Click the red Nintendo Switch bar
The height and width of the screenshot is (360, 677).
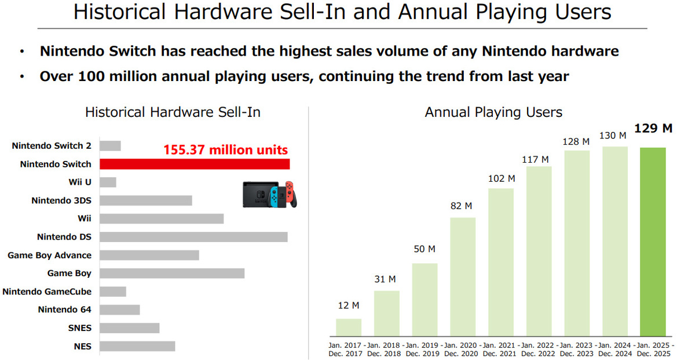(x=195, y=164)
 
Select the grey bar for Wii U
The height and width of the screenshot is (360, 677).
(x=108, y=182)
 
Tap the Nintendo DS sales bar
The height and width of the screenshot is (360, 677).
(x=193, y=237)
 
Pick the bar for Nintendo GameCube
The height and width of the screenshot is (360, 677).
(x=112, y=292)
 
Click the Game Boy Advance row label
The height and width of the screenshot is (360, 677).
(x=49, y=255)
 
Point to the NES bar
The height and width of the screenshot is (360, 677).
(x=137, y=346)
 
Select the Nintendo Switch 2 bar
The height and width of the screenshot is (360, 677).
(x=110, y=146)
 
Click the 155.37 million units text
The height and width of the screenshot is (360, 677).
(x=225, y=150)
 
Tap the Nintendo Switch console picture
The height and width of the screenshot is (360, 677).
(x=269, y=194)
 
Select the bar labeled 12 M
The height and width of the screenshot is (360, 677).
(x=349, y=327)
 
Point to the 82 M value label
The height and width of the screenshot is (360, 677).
(x=461, y=205)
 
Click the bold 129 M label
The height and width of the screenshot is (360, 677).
(x=653, y=128)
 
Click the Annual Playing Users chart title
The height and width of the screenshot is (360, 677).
(x=493, y=112)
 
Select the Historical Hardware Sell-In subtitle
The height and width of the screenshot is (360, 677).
(x=173, y=112)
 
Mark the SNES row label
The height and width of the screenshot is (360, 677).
(x=79, y=328)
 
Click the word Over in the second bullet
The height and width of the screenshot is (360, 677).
(x=56, y=76)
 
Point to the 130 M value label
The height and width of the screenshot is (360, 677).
(x=613, y=135)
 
